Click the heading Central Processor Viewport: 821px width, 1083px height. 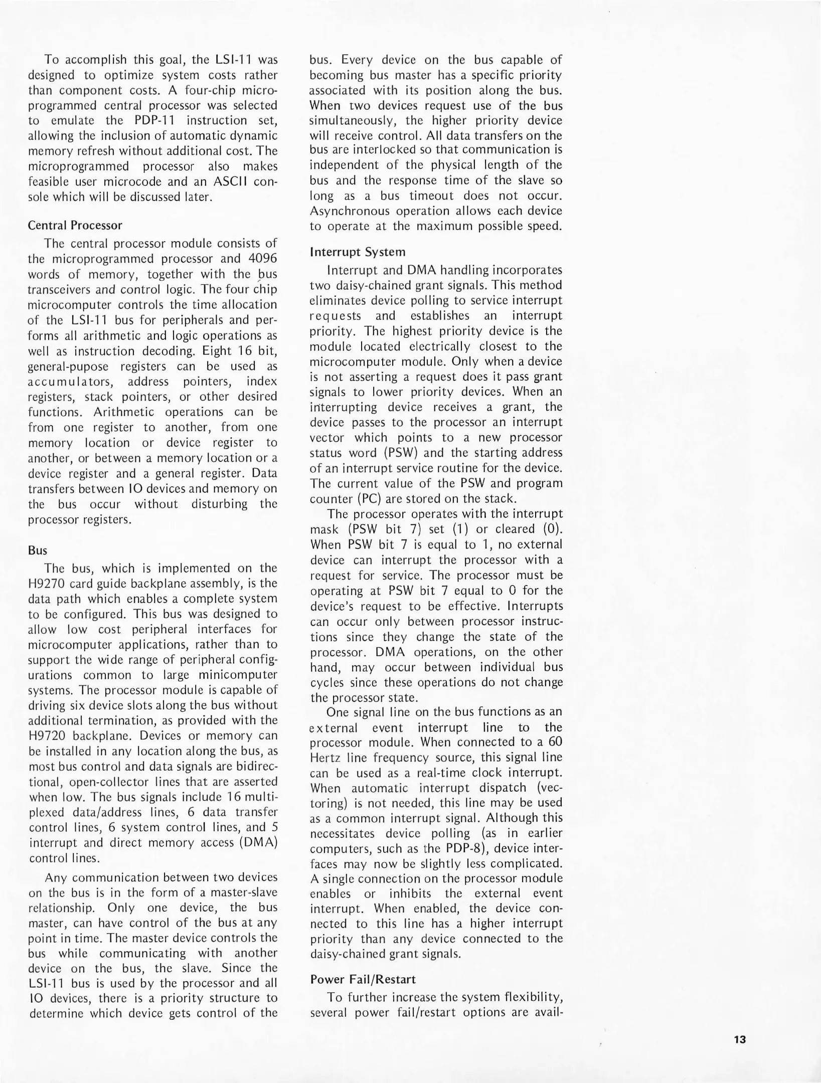click(x=75, y=225)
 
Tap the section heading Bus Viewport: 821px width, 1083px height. click(x=38, y=551)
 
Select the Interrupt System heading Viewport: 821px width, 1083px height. click(x=358, y=252)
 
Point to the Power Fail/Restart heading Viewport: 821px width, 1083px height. click(x=363, y=979)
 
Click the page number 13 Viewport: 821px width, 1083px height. click(x=740, y=1039)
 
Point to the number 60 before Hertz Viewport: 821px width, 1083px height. click(x=555, y=742)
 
